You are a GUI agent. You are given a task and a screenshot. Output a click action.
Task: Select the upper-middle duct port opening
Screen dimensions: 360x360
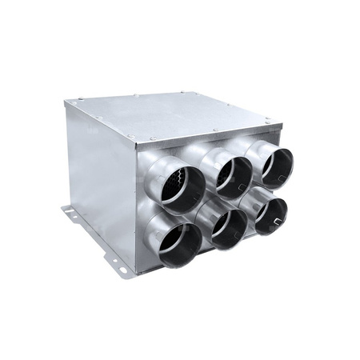coord(232,176)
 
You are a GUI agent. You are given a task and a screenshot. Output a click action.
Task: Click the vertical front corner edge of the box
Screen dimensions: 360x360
coord(137,208)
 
